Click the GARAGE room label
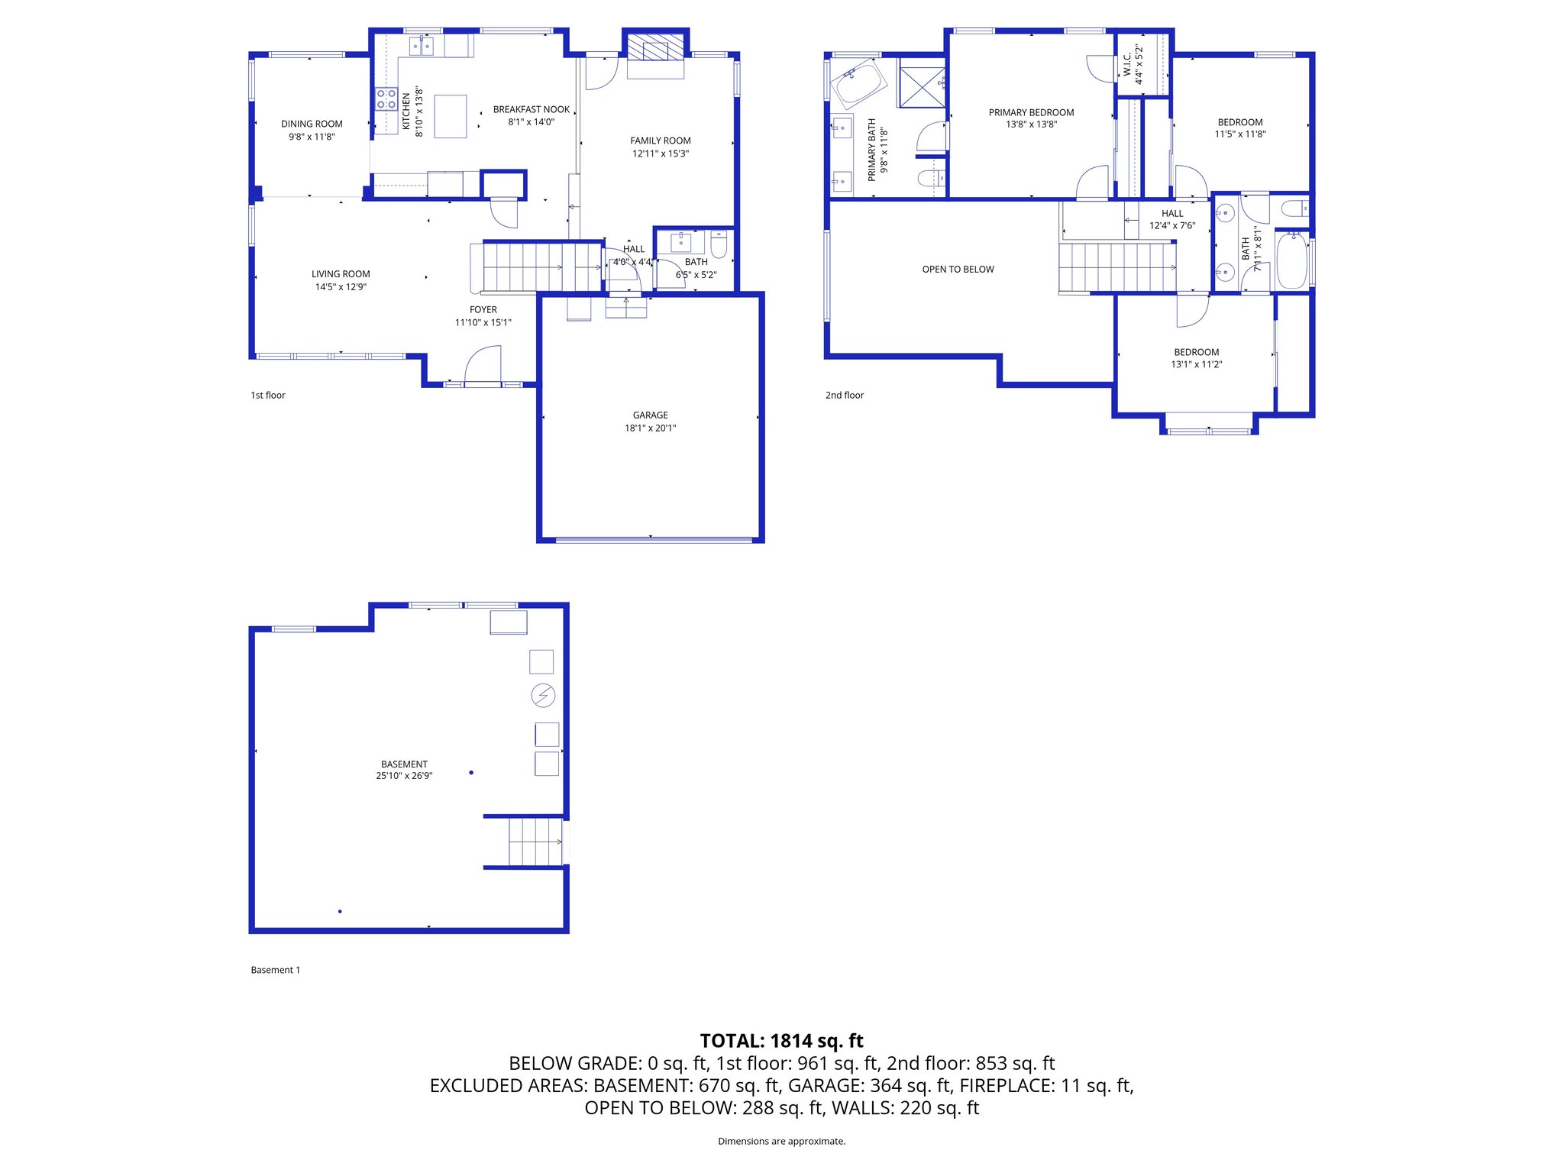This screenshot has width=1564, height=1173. point(650,415)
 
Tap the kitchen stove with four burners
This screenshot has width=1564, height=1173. point(386,99)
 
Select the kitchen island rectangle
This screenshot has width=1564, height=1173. point(450,116)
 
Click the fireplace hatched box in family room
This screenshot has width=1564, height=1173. point(655,47)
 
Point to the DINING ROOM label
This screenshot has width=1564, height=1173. point(312,124)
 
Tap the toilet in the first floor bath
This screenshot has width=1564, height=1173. point(719,244)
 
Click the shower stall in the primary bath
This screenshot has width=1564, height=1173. point(922,86)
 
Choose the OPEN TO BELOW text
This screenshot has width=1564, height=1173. point(958,270)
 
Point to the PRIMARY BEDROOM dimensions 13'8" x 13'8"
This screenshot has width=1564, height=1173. point(1031,124)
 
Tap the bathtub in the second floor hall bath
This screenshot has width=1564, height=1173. point(1291,261)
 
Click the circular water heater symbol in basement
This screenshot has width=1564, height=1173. point(543,695)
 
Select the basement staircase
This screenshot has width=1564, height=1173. point(535,841)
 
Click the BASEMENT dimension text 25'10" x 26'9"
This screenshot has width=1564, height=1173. point(404,776)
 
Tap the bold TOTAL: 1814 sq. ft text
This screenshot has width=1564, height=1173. point(781,1041)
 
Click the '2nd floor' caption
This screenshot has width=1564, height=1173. point(844,396)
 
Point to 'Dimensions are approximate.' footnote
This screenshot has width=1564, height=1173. point(781,1142)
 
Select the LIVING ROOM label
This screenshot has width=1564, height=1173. point(341,274)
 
